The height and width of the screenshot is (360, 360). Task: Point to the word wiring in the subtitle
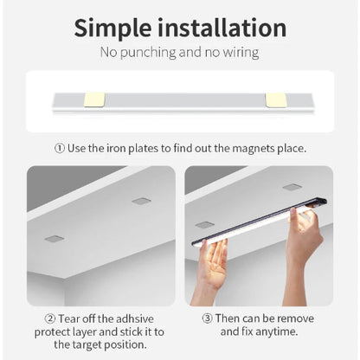(x=238, y=53)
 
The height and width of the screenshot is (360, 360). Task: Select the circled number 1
(x=60, y=148)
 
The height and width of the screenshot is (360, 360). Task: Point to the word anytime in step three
(x=279, y=331)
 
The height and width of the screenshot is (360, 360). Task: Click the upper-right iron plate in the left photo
(x=141, y=201)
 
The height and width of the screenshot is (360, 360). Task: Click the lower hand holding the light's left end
(x=210, y=268)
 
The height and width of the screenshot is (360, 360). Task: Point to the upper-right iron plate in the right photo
(x=292, y=186)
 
